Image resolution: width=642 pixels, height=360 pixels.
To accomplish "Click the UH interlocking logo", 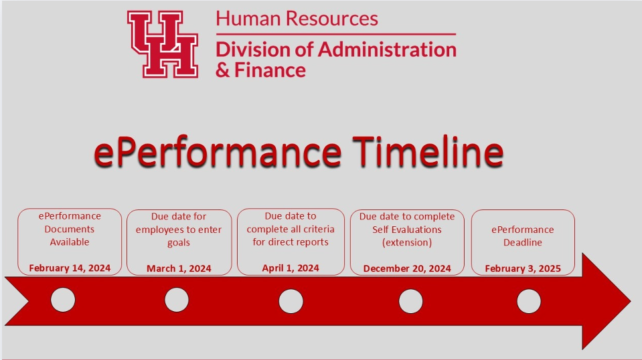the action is (x=163, y=44).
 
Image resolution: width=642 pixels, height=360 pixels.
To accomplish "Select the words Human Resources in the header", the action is (x=297, y=19).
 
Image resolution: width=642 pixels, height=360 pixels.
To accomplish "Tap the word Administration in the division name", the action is (x=387, y=50).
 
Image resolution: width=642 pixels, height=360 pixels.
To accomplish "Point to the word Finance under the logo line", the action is (x=270, y=70).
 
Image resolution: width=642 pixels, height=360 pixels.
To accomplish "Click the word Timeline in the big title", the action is (x=428, y=151).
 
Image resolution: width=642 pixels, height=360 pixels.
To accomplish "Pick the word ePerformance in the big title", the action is (x=218, y=152).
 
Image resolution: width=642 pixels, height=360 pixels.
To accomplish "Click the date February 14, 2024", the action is (x=70, y=268).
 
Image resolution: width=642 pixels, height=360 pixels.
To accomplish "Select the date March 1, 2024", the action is (x=179, y=268).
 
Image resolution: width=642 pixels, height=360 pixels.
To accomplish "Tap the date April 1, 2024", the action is (x=291, y=268).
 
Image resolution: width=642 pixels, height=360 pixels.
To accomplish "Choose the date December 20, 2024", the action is (x=407, y=268).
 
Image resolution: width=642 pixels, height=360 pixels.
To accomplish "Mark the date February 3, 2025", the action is (x=523, y=268).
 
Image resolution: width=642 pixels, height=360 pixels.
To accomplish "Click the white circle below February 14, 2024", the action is (x=63, y=300).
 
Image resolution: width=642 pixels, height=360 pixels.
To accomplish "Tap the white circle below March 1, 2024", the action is (x=177, y=300).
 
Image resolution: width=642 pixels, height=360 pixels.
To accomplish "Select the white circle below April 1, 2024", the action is (x=291, y=301).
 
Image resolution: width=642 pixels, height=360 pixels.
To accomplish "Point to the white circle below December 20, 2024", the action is (x=410, y=301).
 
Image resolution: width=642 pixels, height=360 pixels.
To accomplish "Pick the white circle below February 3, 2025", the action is (x=529, y=301).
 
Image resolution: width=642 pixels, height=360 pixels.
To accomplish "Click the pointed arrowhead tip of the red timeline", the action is (x=631, y=302).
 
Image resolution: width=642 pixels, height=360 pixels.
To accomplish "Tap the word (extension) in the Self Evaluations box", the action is (x=407, y=243).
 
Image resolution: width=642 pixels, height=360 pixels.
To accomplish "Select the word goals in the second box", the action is (x=179, y=243).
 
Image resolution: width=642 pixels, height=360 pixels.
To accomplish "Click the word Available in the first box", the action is (x=70, y=242).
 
